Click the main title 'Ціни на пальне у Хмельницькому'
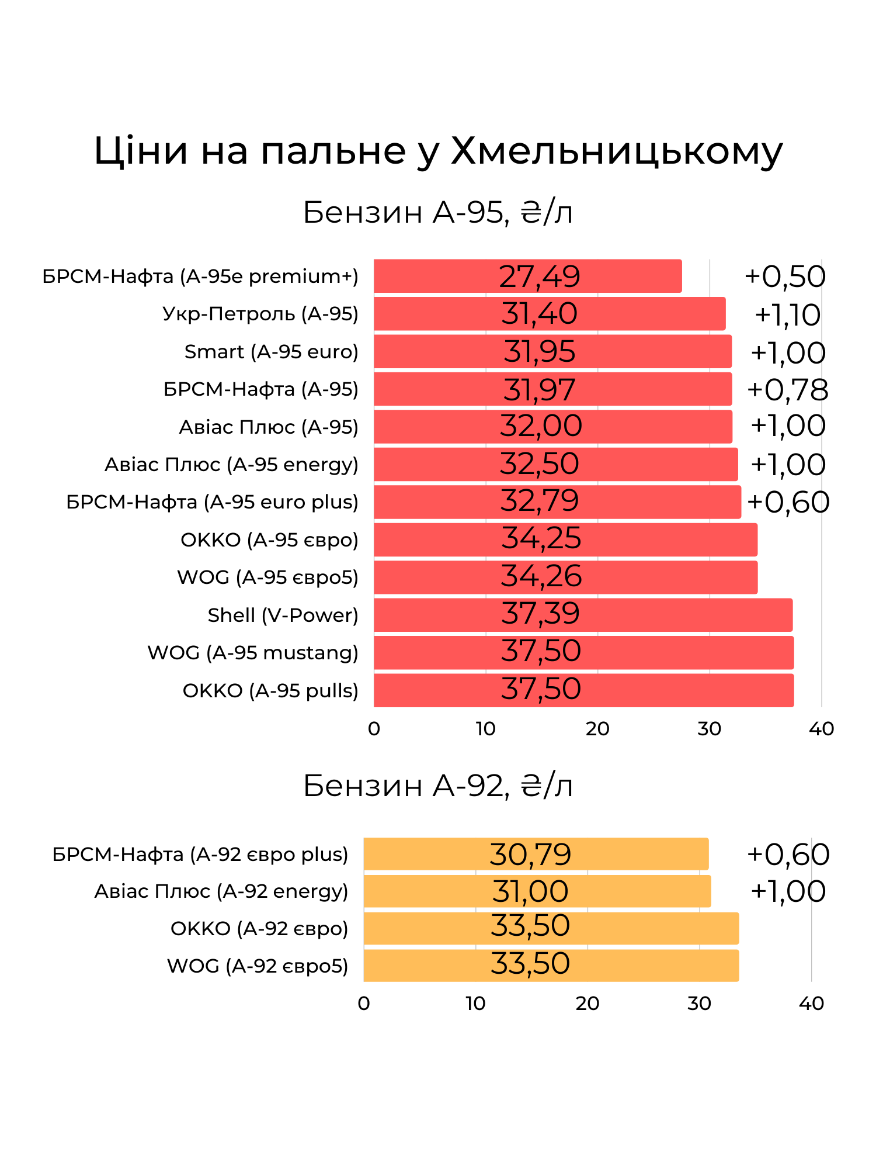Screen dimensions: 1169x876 point(438,151)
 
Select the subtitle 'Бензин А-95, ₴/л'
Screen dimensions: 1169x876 point(438,213)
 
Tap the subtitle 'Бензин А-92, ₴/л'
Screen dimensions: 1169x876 point(438,786)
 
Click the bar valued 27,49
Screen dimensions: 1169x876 point(527,276)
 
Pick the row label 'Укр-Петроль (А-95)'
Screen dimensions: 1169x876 point(260,314)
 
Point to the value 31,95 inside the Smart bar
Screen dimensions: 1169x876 point(540,351)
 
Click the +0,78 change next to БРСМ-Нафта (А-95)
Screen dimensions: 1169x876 point(787,390)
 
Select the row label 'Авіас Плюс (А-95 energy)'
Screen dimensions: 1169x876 point(231,465)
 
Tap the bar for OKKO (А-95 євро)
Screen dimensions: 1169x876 point(565,539)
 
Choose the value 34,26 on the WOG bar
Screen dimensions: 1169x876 point(541,577)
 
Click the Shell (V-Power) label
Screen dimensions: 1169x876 point(283,615)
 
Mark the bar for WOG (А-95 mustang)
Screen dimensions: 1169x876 point(583,652)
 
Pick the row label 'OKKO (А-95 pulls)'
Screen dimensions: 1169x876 point(270,690)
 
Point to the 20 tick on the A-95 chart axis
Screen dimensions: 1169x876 point(597,729)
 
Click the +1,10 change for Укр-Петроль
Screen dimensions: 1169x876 point(787,315)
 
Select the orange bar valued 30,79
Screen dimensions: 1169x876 point(536,854)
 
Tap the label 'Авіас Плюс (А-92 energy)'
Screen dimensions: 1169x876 point(221,891)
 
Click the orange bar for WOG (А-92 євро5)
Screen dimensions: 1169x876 point(551,966)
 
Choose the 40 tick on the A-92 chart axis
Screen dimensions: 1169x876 point(811,1004)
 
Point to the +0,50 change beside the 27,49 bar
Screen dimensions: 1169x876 point(785,276)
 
